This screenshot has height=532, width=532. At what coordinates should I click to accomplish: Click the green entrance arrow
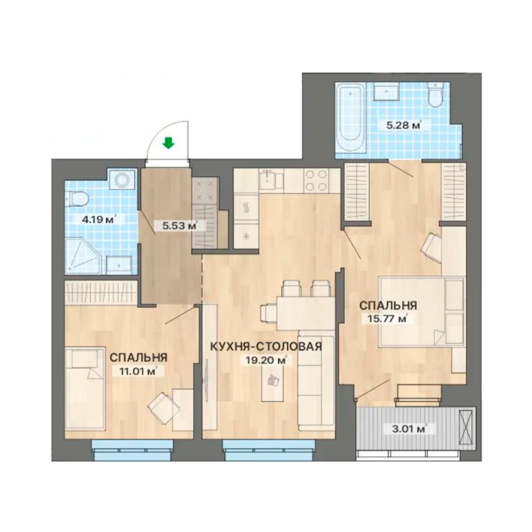click(168, 143)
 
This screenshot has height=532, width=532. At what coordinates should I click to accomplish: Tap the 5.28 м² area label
click(404, 125)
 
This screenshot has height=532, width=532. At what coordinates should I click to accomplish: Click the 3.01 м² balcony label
click(409, 429)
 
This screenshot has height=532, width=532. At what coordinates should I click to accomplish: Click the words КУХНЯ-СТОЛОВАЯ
click(266, 346)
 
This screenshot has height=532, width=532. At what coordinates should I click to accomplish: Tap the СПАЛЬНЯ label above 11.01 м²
click(139, 357)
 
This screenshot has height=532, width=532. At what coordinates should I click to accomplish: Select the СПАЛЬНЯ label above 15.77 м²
click(388, 305)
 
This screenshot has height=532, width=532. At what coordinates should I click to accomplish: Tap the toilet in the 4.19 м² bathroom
click(78, 199)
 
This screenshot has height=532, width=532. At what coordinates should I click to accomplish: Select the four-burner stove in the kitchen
click(317, 180)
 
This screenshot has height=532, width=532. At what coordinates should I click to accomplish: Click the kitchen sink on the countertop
click(268, 180)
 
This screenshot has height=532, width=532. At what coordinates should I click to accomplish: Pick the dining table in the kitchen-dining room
click(304, 313)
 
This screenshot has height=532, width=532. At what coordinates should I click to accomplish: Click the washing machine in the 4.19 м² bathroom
click(121, 179)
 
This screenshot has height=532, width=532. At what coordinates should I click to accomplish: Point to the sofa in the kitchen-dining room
click(316, 380)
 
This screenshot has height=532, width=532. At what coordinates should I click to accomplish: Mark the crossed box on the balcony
click(465, 427)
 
